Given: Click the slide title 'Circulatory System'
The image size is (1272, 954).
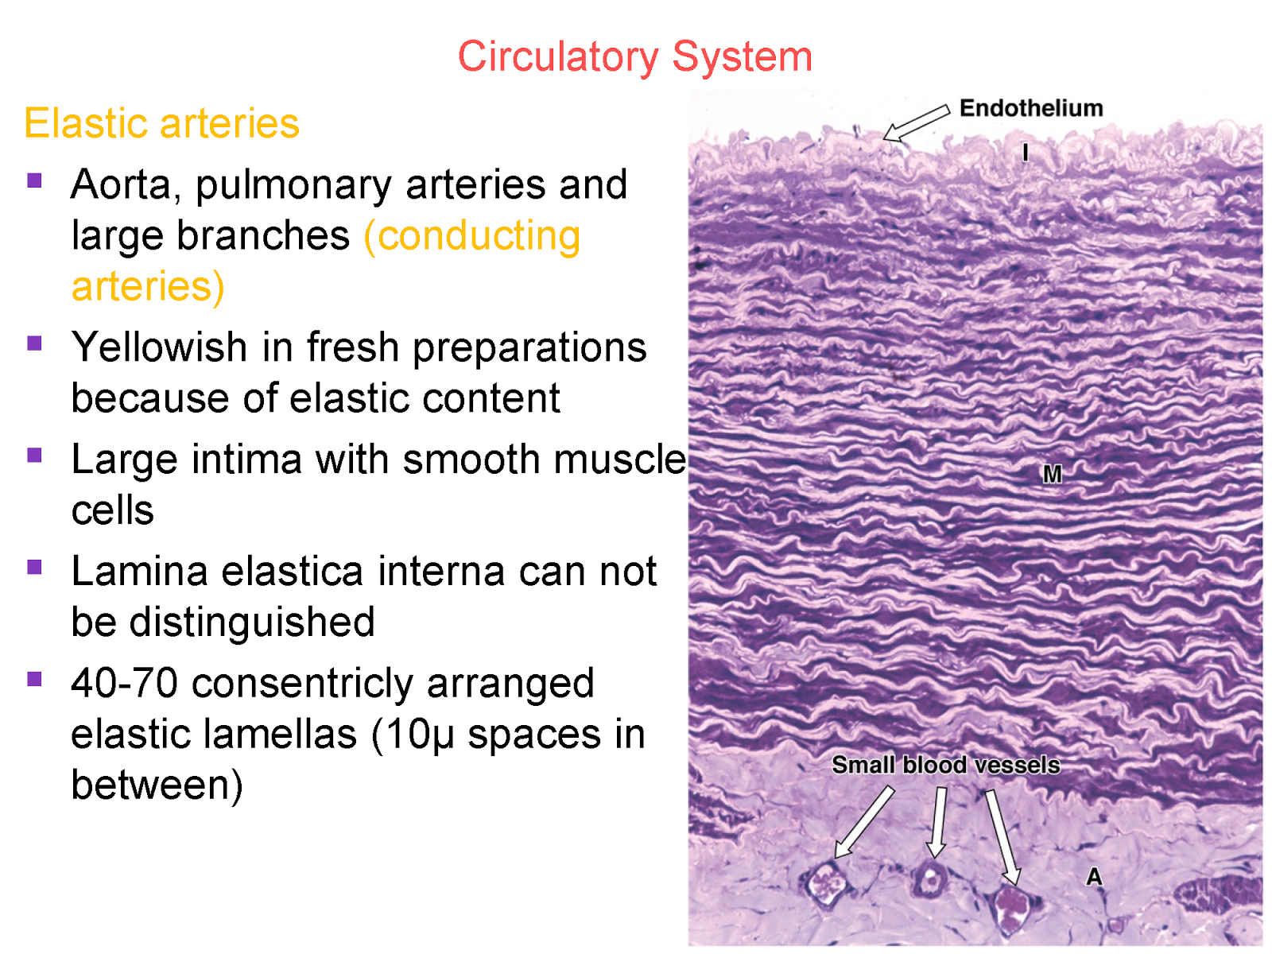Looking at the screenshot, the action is (634, 57).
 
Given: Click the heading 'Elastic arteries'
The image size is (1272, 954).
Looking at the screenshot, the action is (161, 124).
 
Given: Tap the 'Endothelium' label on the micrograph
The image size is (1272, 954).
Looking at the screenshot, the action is (1030, 108).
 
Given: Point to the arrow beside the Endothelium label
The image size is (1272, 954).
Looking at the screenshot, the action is (916, 124).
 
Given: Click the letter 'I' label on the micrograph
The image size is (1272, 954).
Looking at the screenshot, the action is (1026, 153).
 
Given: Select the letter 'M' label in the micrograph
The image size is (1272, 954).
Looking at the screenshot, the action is (1052, 475).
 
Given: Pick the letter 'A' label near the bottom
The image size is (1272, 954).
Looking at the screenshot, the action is (1094, 877).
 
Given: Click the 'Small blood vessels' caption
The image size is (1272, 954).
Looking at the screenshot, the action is (945, 765).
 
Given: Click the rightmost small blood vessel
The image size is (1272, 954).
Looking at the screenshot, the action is (1010, 908).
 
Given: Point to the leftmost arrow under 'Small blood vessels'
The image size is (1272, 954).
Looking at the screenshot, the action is (864, 823).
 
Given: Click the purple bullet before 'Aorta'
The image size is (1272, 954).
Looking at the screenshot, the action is (34, 180).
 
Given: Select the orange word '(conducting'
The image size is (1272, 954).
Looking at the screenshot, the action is (472, 236).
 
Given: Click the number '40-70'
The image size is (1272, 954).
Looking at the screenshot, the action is (124, 684).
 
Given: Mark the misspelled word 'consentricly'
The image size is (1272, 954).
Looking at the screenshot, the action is (302, 684).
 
